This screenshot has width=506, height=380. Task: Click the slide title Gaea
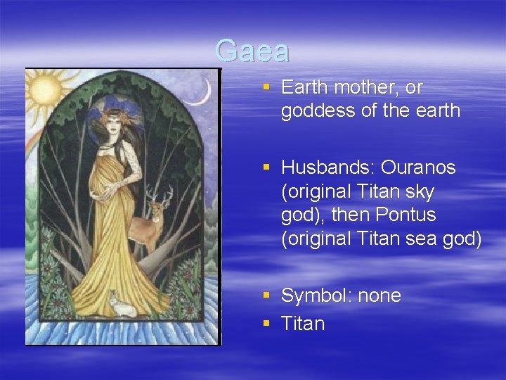(252, 51)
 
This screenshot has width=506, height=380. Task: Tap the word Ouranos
(424, 168)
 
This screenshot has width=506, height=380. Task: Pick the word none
(379, 296)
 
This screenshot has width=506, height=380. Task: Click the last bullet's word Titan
(303, 324)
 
